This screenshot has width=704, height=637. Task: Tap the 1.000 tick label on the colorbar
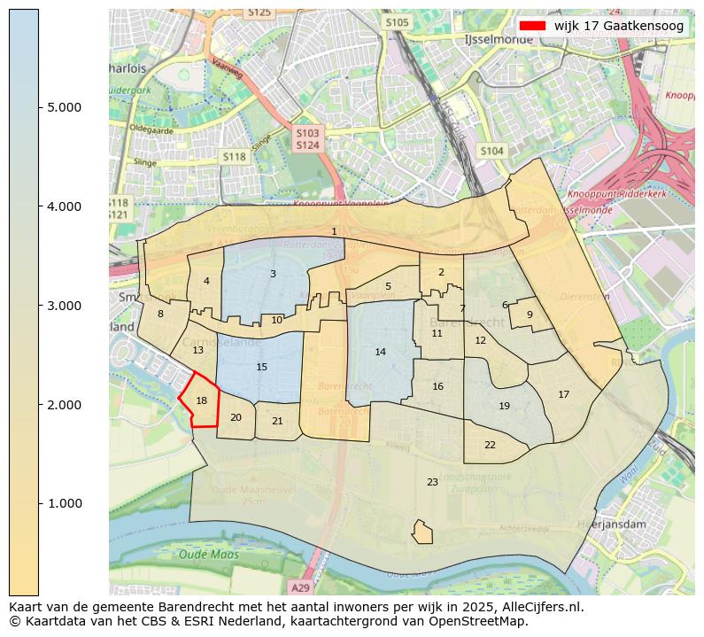[65, 503]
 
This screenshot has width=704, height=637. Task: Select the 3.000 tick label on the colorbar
[65, 306]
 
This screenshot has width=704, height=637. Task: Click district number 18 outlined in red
[201, 401]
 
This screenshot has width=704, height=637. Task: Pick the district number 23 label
[432, 482]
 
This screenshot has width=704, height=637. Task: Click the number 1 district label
[334, 231]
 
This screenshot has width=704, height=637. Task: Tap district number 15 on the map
[261, 367]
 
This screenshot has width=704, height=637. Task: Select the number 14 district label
[380, 352]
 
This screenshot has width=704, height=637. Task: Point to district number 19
[504, 406]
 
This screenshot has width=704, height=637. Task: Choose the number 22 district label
[490, 445]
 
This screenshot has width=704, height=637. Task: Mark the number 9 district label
[530, 314]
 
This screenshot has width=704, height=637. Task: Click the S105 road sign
[398, 22]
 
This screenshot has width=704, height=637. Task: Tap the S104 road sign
[491, 151]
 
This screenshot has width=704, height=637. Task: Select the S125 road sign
[259, 12]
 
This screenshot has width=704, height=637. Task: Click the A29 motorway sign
[301, 587]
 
